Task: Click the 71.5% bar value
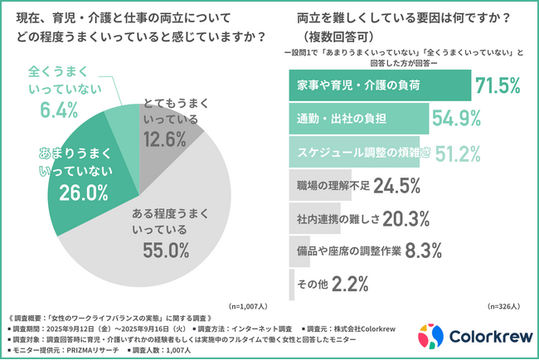498,85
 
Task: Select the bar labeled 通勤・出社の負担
358,118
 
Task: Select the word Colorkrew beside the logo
489,337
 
